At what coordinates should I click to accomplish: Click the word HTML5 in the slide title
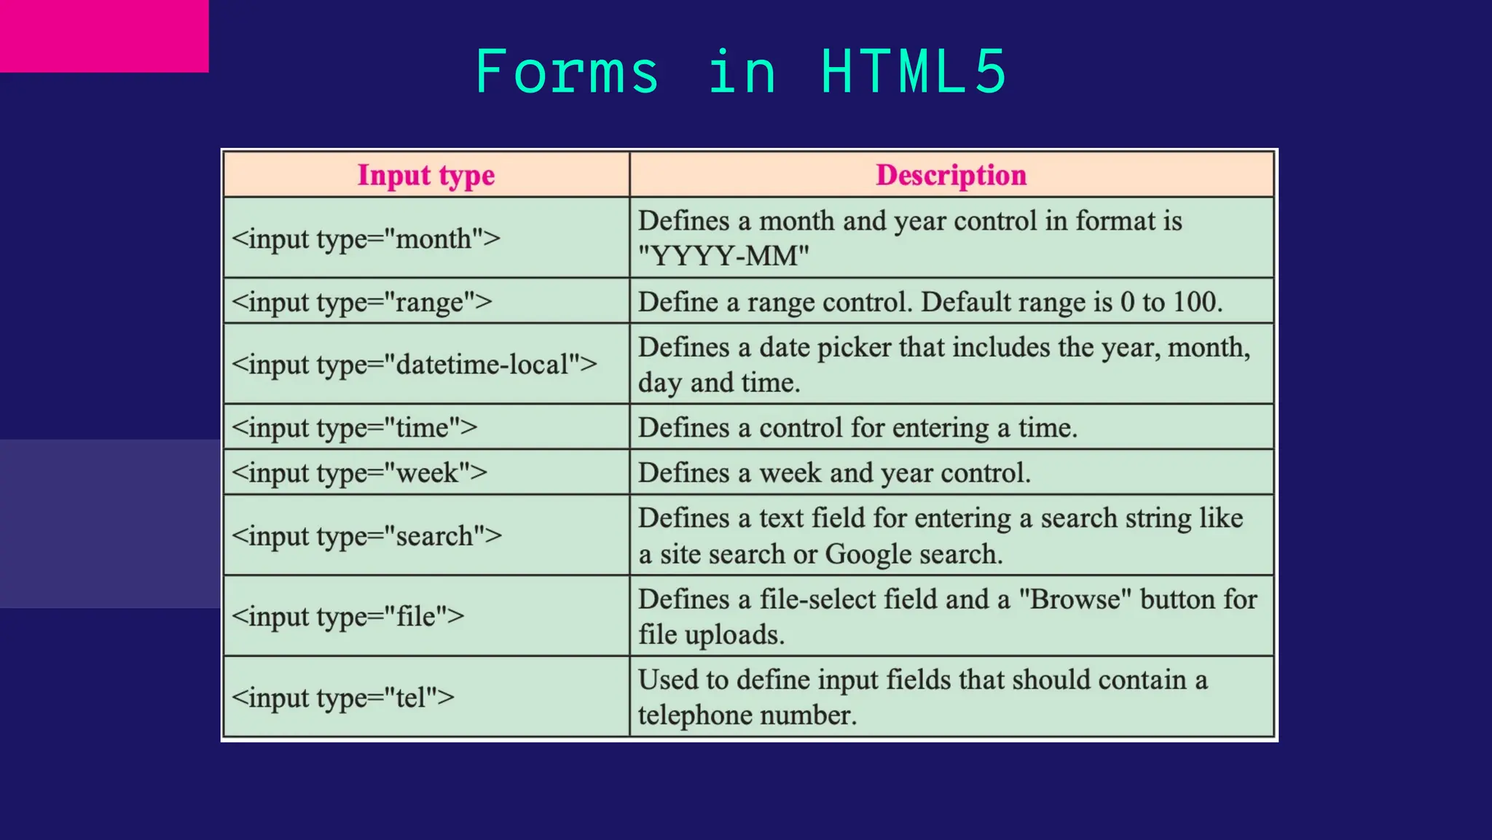tap(914, 71)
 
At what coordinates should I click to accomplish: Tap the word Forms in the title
tap(567, 71)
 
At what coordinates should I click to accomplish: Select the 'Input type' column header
tap(426, 175)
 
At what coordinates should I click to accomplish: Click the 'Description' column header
tap(951, 175)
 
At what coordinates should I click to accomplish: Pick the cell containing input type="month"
tap(366, 238)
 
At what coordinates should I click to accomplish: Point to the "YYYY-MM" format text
tap(723, 256)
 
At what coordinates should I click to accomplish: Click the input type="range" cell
tap(362, 302)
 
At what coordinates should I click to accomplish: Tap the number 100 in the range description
tap(1197, 302)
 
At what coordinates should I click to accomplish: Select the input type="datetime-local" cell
tap(414, 364)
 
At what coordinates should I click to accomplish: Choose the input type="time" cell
tap(354, 427)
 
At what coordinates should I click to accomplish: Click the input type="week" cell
tap(359, 472)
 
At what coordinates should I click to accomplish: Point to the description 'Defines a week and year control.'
tap(834, 472)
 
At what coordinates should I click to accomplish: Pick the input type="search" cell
tap(366, 536)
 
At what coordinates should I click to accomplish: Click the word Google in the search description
tap(868, 554)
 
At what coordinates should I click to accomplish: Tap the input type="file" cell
tap(348, 616)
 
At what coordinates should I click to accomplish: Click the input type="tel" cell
tap(342, 697)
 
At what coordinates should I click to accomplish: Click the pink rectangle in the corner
tap(104, 36)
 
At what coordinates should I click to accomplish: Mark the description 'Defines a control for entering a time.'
tap(857, 427)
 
